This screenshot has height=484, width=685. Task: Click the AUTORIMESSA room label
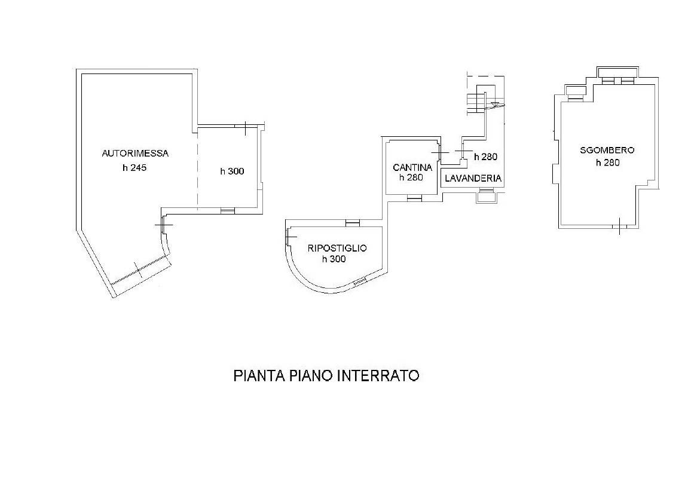coord(135,154)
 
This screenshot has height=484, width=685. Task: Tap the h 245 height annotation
coord(134,169)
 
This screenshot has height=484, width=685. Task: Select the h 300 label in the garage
coord(232,171)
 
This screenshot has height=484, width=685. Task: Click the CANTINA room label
coord(412,167)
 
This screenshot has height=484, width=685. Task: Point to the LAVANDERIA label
coord(473,179)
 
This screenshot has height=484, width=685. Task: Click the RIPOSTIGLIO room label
coord(337,248)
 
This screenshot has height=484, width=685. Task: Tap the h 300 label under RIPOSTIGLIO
coord(334,259)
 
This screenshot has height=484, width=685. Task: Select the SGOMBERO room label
coord(607,151)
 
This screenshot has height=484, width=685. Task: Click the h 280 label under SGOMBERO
coord(607,163)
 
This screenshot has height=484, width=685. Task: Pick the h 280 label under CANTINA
coord(411,177)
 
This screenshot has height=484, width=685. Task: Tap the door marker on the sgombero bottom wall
coord(619,225)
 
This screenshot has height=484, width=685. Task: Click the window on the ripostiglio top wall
coord(353,223)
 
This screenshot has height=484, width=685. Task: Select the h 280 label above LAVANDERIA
coord(485,157)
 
